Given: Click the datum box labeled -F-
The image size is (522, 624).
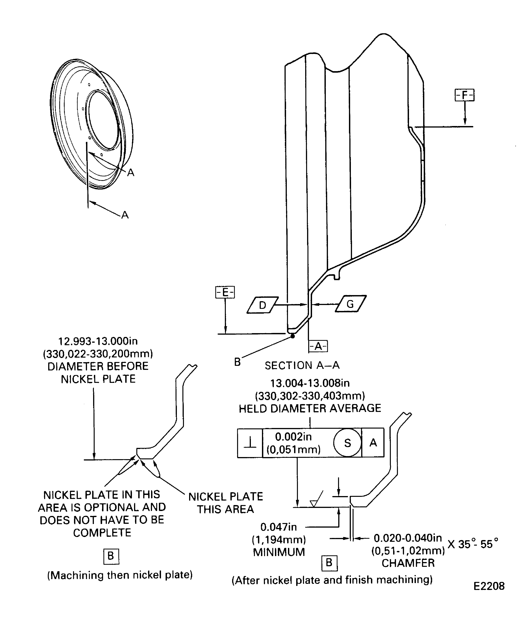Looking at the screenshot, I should (464, 95).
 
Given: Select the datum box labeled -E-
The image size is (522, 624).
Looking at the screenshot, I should (225, 292).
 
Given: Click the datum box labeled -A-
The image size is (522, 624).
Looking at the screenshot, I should (318, 346).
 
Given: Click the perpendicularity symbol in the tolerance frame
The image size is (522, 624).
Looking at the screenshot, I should (250, 443).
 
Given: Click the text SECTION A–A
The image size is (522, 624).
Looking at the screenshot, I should (302, 365).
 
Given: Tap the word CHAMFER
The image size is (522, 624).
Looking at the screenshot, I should (408, 563).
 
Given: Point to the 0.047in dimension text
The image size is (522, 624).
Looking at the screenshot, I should (278, 527).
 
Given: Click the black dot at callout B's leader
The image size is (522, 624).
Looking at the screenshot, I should (293, 336).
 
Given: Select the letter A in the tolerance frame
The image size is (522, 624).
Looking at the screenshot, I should (373, 443).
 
